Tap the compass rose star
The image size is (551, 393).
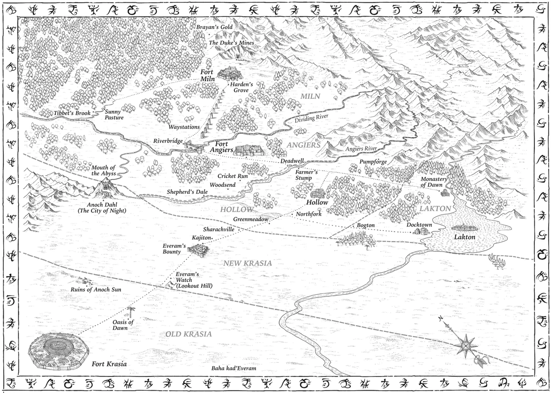pyautogui.click(x=467, y=344)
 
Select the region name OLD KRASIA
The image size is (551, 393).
pyautogui.click(x=189, y=334)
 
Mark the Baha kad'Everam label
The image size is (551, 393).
pyautogui.click(x=233, y=369)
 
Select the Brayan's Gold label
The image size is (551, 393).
pyautogui.click(x=214, y=27)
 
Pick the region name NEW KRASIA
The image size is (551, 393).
pyautogui.click(x=247, y=263)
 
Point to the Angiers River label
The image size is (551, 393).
pyautogui.click(x=361, y=149)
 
